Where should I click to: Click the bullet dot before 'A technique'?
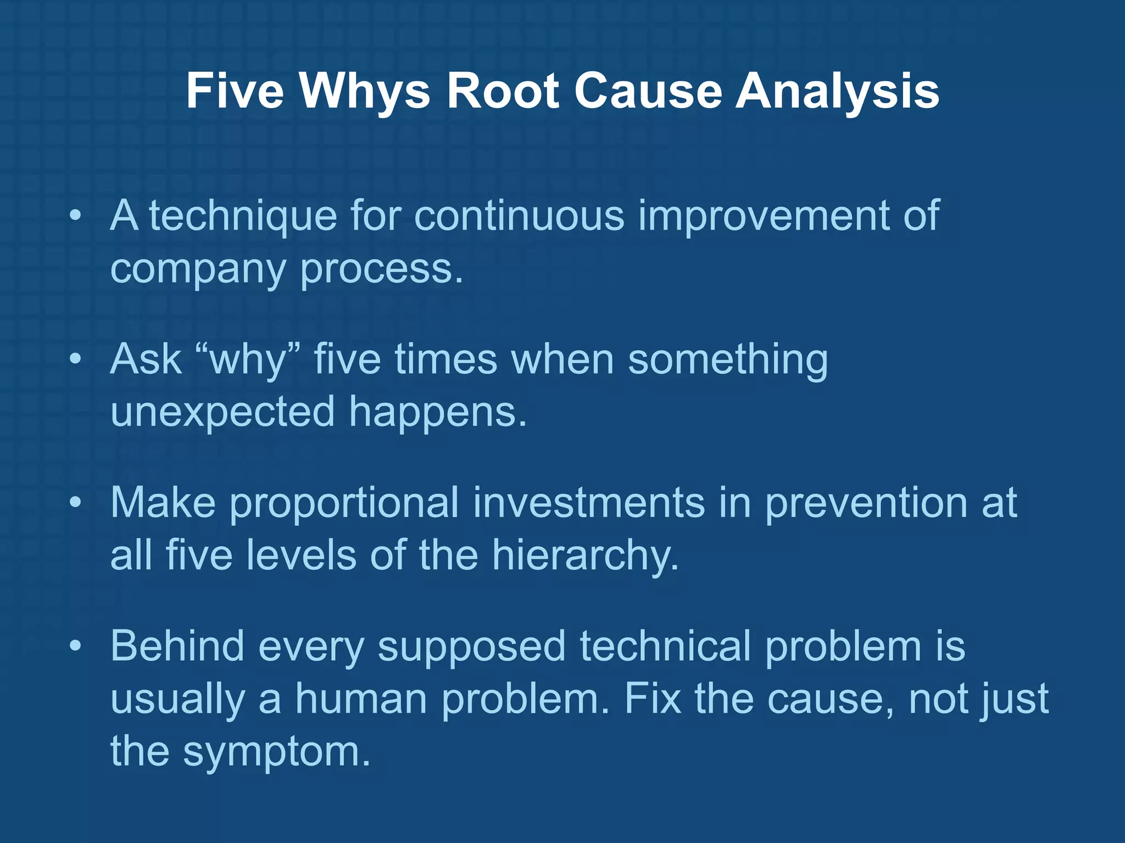pos(76,216)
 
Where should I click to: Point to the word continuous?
pos(519,216)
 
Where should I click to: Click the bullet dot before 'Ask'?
pos(76,359)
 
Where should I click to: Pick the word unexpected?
pos(222,412)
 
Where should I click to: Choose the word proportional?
pos(344,503)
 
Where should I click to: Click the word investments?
pos(588,503)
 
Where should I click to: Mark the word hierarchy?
pos(585,555)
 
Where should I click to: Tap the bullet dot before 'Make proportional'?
pos(76,503)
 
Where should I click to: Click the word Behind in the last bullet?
pos(177,646)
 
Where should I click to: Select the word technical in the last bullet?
pos(665,646)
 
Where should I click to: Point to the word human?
pos(361,699)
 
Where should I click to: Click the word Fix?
pos(652,699)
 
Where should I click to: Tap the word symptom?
pos(277,751)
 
